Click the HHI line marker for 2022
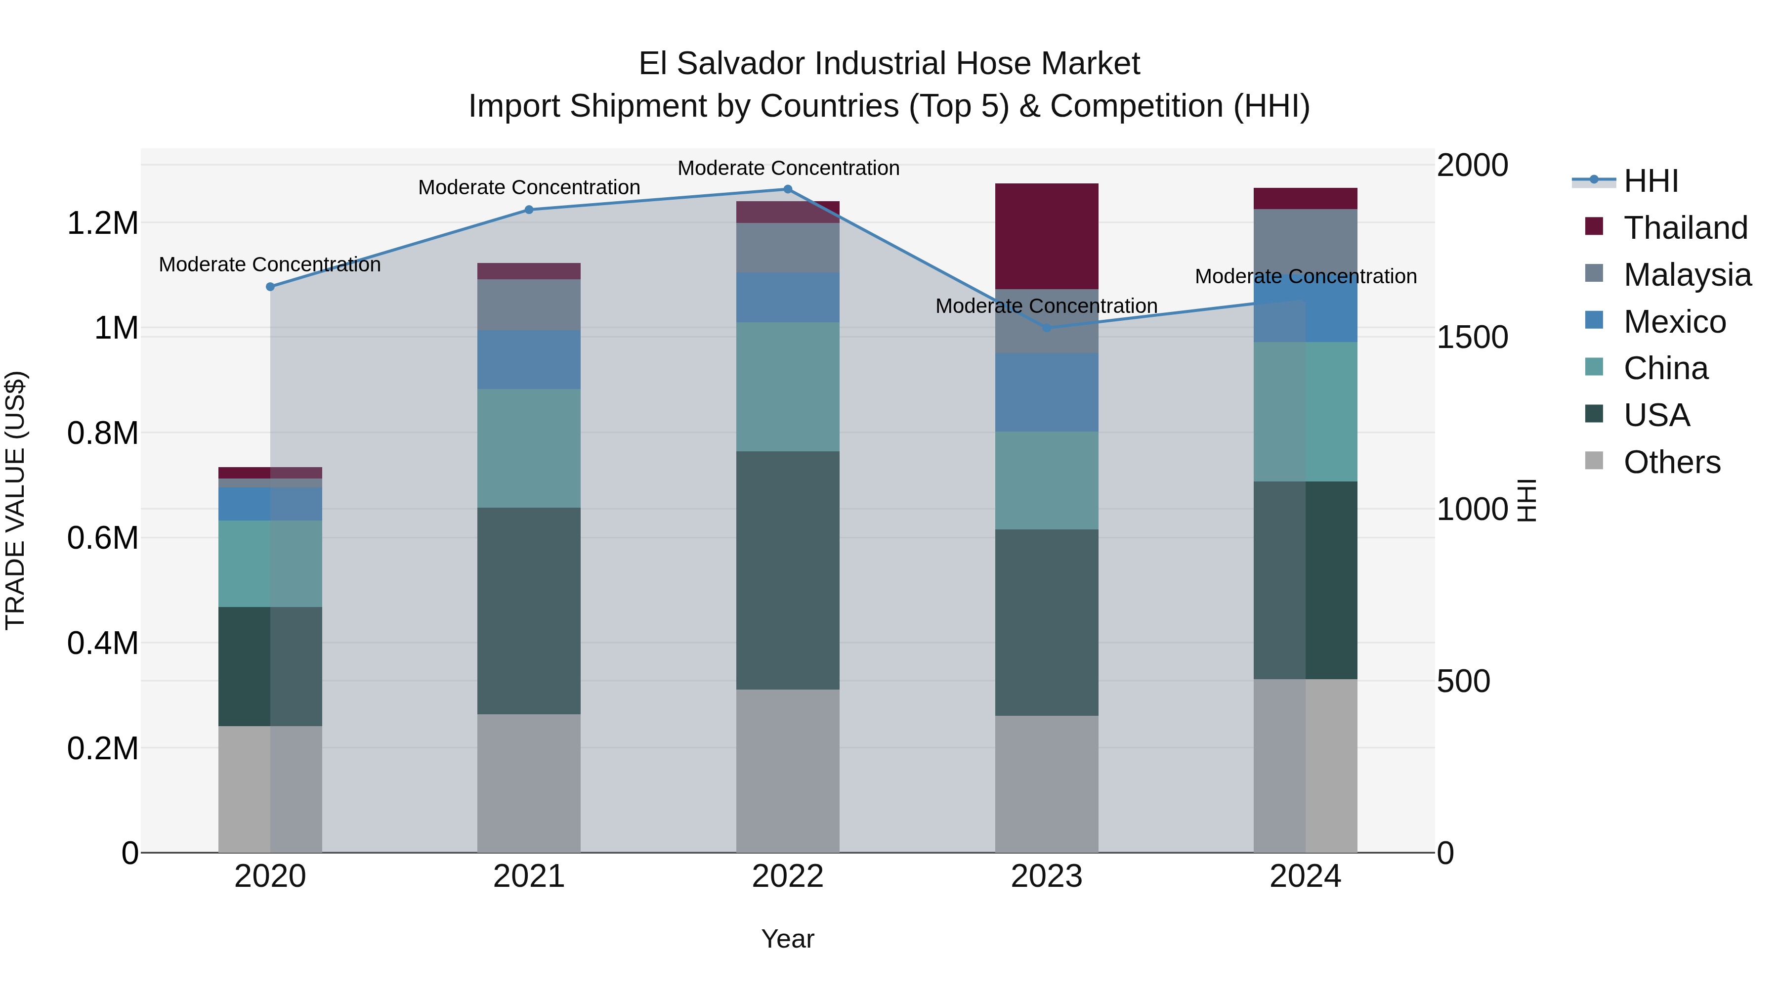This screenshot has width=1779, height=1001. pyautogui.click(x=787, y=189)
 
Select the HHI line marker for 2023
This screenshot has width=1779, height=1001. pyautogui.click(x=1046, y=328)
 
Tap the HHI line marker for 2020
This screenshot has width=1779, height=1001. pyautogui.click(x=270, y=287)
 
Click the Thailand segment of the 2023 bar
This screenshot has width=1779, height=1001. pyautogui.click(x=1046, y=236)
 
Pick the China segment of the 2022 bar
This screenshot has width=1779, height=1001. pyautogui.click(x=787, y=387)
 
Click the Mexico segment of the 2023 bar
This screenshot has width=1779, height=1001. pyautogui.click(x=1046, y=392)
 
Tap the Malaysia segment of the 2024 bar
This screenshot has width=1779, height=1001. pyautogui.click(x=1305, y=242)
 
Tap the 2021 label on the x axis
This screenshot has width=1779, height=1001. pyautogui.click(x=529, y=876)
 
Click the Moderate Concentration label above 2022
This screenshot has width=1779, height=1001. pyautogui.click(x=788, y=168)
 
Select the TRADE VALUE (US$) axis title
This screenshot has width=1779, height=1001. pyautogui.click(x=16, y=500)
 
